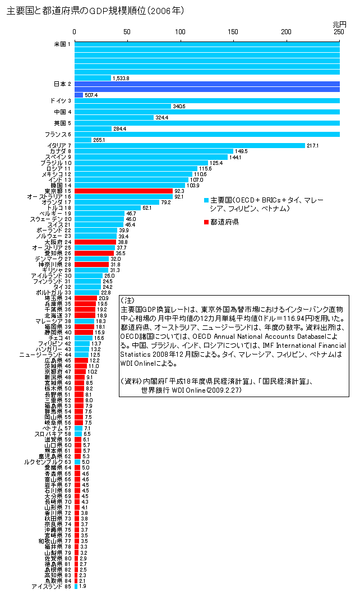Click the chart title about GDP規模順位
[95, 11]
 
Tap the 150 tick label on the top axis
[233, 34]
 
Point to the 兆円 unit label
[339, 25]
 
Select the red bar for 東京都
[123, 191]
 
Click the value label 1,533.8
[121, 78]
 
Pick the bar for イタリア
[190, 146]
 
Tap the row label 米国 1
[62, 44]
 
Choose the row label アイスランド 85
[51, 586]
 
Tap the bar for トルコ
[108, 208]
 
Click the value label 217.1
[312, 146]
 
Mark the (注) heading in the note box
[128, 301]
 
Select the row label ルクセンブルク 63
[48, 462]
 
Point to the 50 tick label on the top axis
[127, 34]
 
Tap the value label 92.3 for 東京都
[180, 191]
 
